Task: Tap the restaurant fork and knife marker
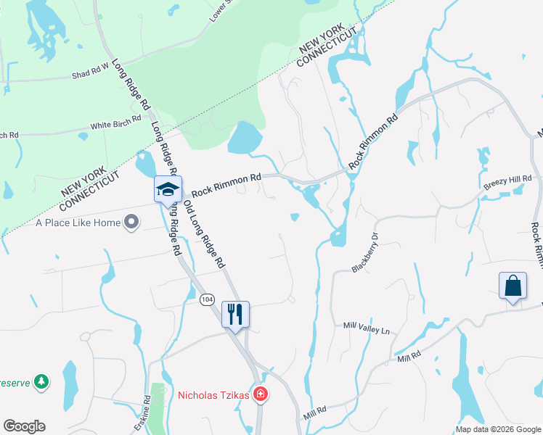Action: pyautogui.click(x=234, y=314)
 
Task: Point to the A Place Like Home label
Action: pyautogui.click(x=78, y=223)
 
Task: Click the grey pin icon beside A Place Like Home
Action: pyautogui.click(x=131, y=223)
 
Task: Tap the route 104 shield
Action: pyautogui.click(x=208, y=299)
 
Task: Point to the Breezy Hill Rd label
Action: pyautogui.click(x=507, y=184)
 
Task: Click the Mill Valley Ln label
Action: pyautogui.click(x=367, y=328)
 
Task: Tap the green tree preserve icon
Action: pyautogui.click(x=42, y=381)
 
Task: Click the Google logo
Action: pyautogui.click(x=24, y=426)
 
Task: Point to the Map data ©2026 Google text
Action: pyautogui.click(x=498, y=429)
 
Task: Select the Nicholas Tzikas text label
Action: pyautogui.click(x=214, y=395)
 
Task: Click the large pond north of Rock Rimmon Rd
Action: pyautogui.click(x=245, y=138)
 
